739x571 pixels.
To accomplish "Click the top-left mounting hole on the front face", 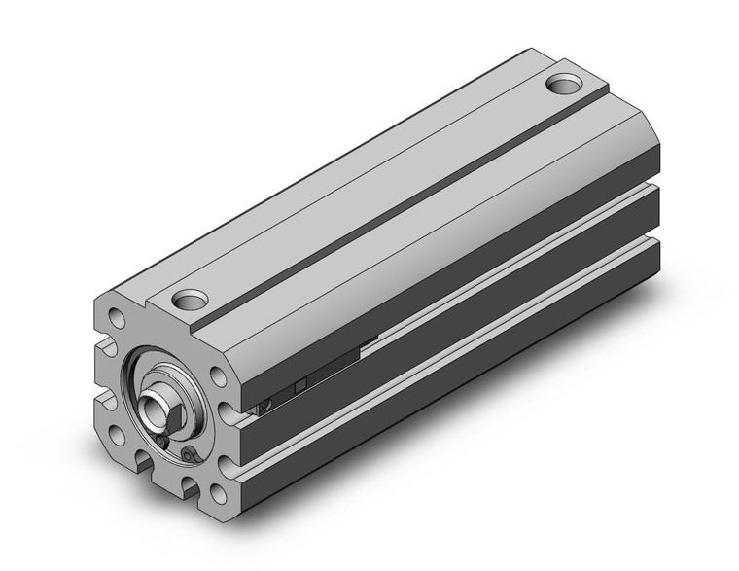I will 116,318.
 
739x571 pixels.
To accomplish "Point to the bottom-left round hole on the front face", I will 118,435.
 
